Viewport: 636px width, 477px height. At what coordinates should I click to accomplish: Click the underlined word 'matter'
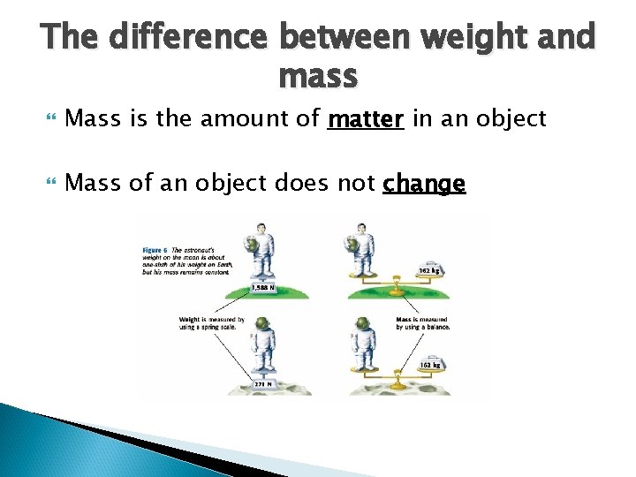(366, 118)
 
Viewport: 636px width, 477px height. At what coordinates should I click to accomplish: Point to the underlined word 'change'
(424, 184)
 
